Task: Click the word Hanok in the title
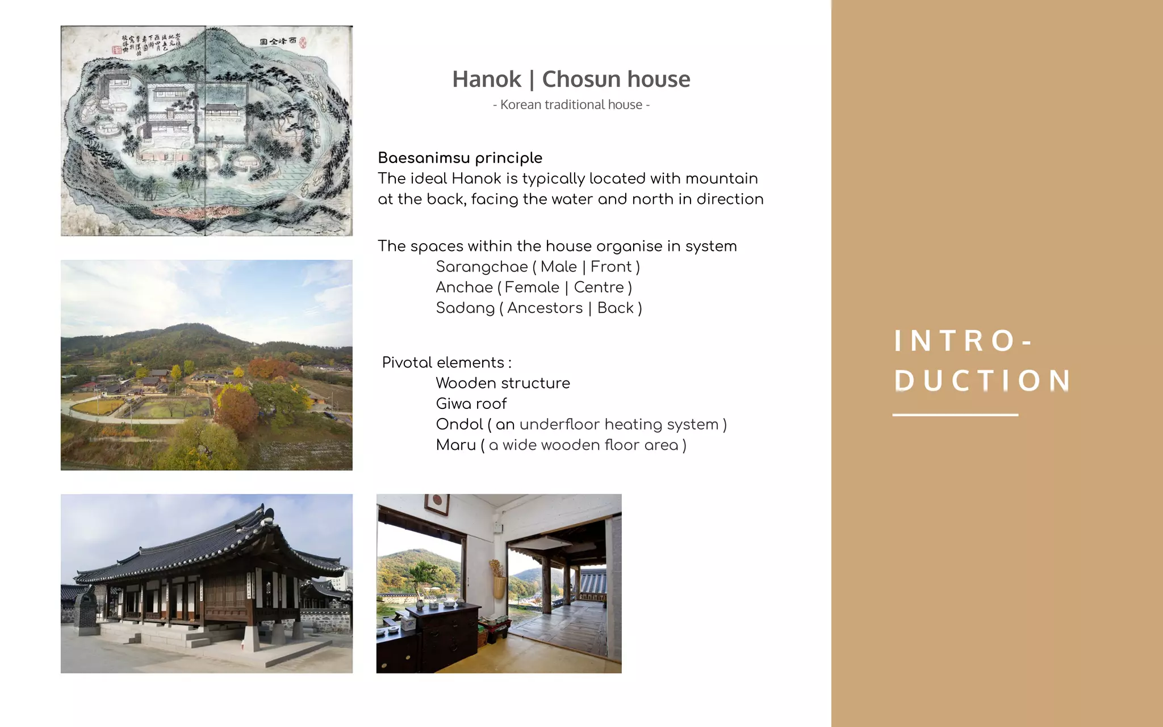[486, 80]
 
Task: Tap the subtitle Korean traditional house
[571, 105]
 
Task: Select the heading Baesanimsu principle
[460, 158]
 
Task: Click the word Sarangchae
[482, 267]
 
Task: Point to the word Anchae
[464, 287]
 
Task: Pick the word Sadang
[465, 308]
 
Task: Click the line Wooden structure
[503, 383]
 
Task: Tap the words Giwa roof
[471, 404]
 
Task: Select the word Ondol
[459, 424]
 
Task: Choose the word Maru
[455, 445]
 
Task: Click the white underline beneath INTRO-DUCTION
[955, 415]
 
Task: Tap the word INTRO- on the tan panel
[963, 341]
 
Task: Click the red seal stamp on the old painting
[303, 42]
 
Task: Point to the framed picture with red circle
[436, 503]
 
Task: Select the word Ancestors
[545, 308]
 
